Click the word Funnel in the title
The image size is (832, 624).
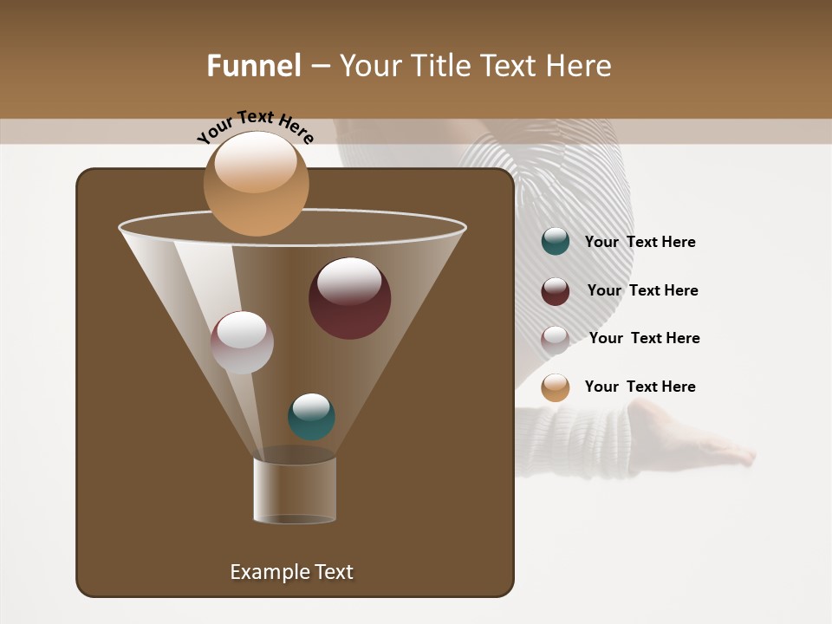point(253,66)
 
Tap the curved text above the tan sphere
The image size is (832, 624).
point(255,126)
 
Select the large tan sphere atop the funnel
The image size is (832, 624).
point(256,184)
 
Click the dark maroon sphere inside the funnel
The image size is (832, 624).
point(349,298)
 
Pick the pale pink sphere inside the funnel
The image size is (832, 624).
point(242,342)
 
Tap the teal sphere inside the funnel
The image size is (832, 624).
point(311,417)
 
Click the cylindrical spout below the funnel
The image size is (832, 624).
point(295,490)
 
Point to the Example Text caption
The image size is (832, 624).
point(291,572)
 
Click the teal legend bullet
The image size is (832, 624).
point(556,242)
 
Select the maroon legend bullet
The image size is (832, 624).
point(556,291)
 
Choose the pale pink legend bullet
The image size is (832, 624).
point(556,339)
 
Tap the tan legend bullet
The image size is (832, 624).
point(556,387)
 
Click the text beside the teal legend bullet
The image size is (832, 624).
point(640,243)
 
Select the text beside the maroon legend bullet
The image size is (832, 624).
point(642,291)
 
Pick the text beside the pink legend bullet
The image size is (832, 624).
point(644,339)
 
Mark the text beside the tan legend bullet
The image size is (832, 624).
point(640,387)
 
